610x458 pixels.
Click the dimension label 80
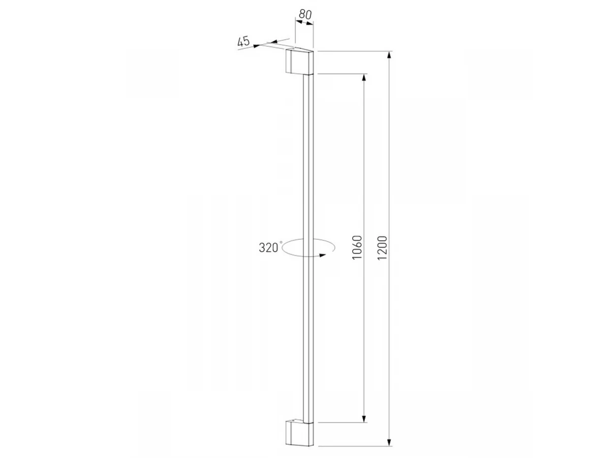point(305,14)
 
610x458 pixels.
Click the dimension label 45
point(243,42)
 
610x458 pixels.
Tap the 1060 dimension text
point(357,247)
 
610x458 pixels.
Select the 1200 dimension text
point(382,248)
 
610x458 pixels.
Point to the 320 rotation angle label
point(268,247)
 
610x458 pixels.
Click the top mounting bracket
point(299,62)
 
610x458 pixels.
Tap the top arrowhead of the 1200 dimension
point(389,55)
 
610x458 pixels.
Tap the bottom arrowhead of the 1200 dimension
point(389,442)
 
